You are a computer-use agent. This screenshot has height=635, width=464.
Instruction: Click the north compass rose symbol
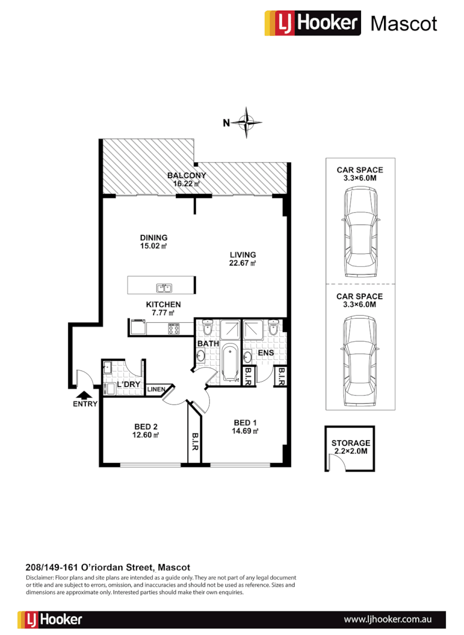[247, 123]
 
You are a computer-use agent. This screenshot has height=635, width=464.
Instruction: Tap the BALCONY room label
[186, 175]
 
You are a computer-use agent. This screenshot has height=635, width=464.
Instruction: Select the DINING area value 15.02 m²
[153, 247]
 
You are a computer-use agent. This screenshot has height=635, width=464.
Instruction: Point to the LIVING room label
[243, 255]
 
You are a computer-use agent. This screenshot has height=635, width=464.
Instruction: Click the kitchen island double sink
[163, 288]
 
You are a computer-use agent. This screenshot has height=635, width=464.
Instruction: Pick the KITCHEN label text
[163, 305]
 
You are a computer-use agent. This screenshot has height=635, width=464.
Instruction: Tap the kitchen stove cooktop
[173, 328]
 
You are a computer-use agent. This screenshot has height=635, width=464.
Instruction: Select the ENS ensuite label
[266, 353]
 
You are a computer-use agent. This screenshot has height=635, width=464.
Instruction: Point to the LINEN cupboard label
[156, 389]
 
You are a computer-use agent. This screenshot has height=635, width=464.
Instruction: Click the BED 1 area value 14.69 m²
[246, 431]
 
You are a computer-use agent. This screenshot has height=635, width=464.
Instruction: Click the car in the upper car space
[360, 232]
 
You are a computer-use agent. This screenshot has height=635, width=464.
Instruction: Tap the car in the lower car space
[360, 360]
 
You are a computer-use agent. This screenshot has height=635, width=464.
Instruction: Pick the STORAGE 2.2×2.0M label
[350, 447]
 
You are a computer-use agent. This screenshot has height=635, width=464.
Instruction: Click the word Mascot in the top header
[403, 24]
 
